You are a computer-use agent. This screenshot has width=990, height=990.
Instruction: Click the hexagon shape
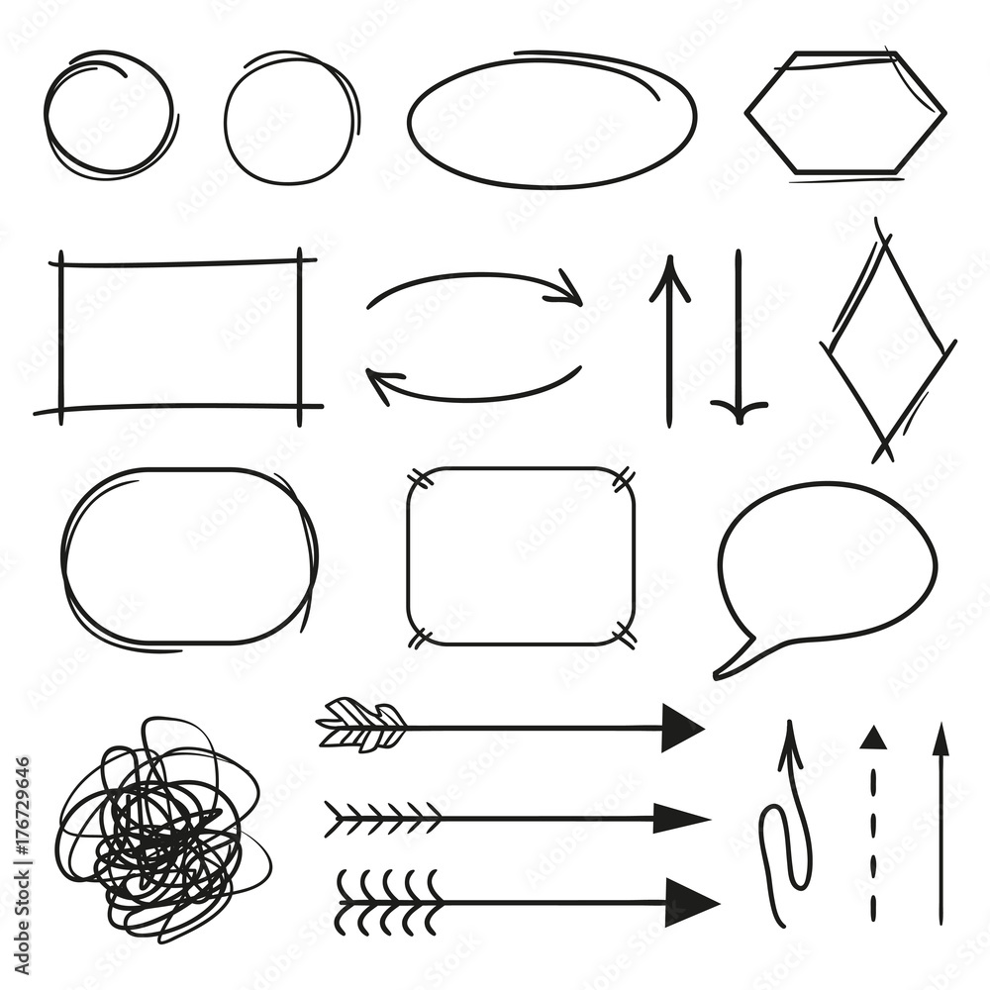tap(844, 114)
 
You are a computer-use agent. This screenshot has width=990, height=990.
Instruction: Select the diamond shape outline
tap(888, 343)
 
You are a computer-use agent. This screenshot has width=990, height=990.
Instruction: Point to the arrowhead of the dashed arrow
tap(871, 738)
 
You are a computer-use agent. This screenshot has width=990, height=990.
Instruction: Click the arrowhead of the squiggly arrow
tap(790, 742)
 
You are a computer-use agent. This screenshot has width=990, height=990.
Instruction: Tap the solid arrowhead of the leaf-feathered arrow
tap(681, 728)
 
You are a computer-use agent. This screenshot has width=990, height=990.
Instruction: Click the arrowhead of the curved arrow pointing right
tap(569, 289)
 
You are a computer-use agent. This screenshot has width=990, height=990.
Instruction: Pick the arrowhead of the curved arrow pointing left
tap(381, 381)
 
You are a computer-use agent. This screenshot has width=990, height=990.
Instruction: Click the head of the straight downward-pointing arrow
tap(739, 409)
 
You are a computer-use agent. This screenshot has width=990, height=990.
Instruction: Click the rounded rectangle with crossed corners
tap(520, 556)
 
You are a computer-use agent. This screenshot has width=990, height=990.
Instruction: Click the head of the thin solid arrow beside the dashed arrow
tap(940, 741)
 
